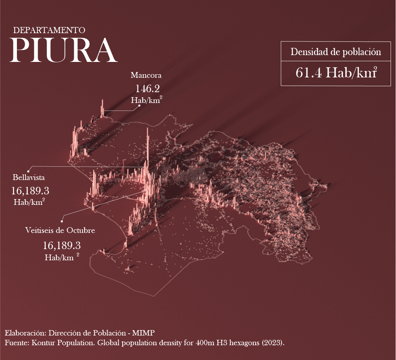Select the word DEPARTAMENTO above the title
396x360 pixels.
[x=49, y=30]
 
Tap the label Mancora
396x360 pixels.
[x=146, y=76]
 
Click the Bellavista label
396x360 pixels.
[x=28, y=177]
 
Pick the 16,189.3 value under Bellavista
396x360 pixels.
[x=30, y=190]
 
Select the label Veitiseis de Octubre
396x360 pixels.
[x=60, y=230]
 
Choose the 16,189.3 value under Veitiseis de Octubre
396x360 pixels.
[x=62, y=246]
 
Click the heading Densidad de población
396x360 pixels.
[x=336, y=52]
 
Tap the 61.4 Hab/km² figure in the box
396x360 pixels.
[x=336, y=73]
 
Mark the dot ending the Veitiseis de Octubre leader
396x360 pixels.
[x=62, y=221]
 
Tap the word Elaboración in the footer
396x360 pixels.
[x=24, y=332]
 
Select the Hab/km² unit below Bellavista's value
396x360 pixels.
[x=29, y=202]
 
